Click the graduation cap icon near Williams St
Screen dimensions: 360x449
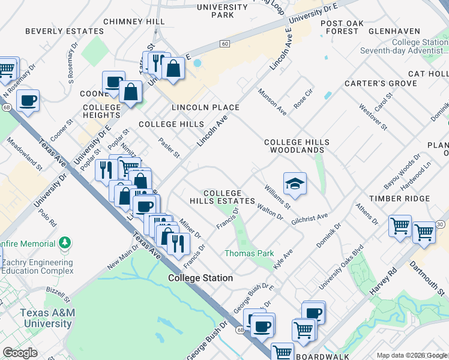(x=295, y=184)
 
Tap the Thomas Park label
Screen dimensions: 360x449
(x=249, y=253)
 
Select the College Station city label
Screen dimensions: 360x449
(x=200, y=278)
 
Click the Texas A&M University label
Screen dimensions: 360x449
(x=46, y=318)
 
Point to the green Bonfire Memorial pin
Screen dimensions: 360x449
(x=65, y=243)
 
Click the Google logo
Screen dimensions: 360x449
(x=20, y=353)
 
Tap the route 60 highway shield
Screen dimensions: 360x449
(x=224, y=43)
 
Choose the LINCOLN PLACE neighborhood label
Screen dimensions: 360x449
(x=205, y=107)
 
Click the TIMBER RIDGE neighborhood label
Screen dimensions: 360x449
(x=399, y=199)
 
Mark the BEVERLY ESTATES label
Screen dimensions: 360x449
(x=64, y=31)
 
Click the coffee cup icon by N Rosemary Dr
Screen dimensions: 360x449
(x=28, y=100)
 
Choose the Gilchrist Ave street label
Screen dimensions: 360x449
(x=310, y=218)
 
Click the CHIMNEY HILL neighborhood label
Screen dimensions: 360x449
(x=134, y=21)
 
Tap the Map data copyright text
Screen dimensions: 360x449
(x=412, y=355)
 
